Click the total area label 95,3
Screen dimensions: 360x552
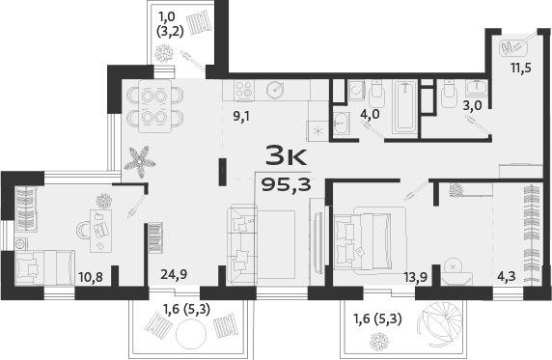click(286, 184)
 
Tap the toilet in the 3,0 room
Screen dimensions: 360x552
click(448, 95)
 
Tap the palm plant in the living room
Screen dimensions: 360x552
click(138, 158)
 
